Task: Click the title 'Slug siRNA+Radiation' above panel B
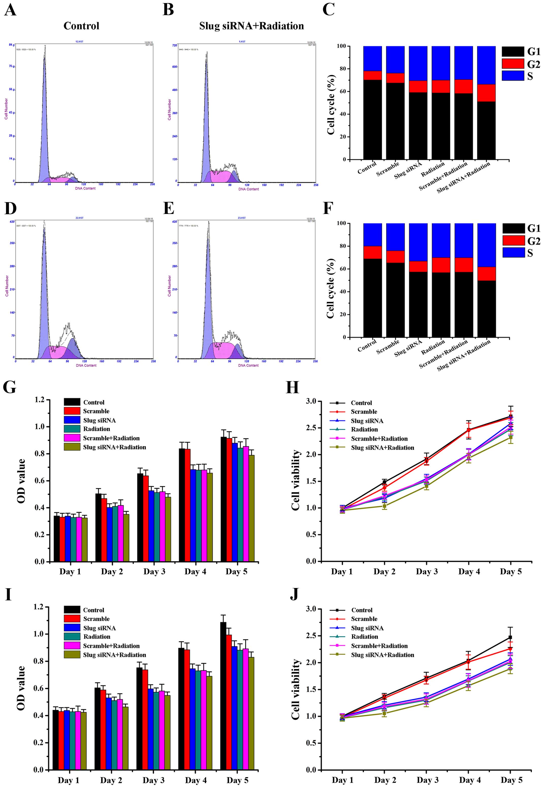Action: [x=251, y=26]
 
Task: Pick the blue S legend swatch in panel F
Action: [x=513, y=252]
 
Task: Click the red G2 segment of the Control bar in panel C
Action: [x=373, y=75]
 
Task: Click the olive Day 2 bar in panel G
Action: [x=126, y=538]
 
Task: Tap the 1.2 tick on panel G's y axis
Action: [x=40, y=400]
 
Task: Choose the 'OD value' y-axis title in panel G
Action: [x=21, y=480]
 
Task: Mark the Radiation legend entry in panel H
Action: [x=364, y=430]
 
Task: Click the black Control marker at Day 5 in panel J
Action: [x=510, y=638]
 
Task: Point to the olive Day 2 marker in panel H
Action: [x=384, y=506]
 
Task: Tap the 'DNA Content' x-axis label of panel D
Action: [x=86, y=365]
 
